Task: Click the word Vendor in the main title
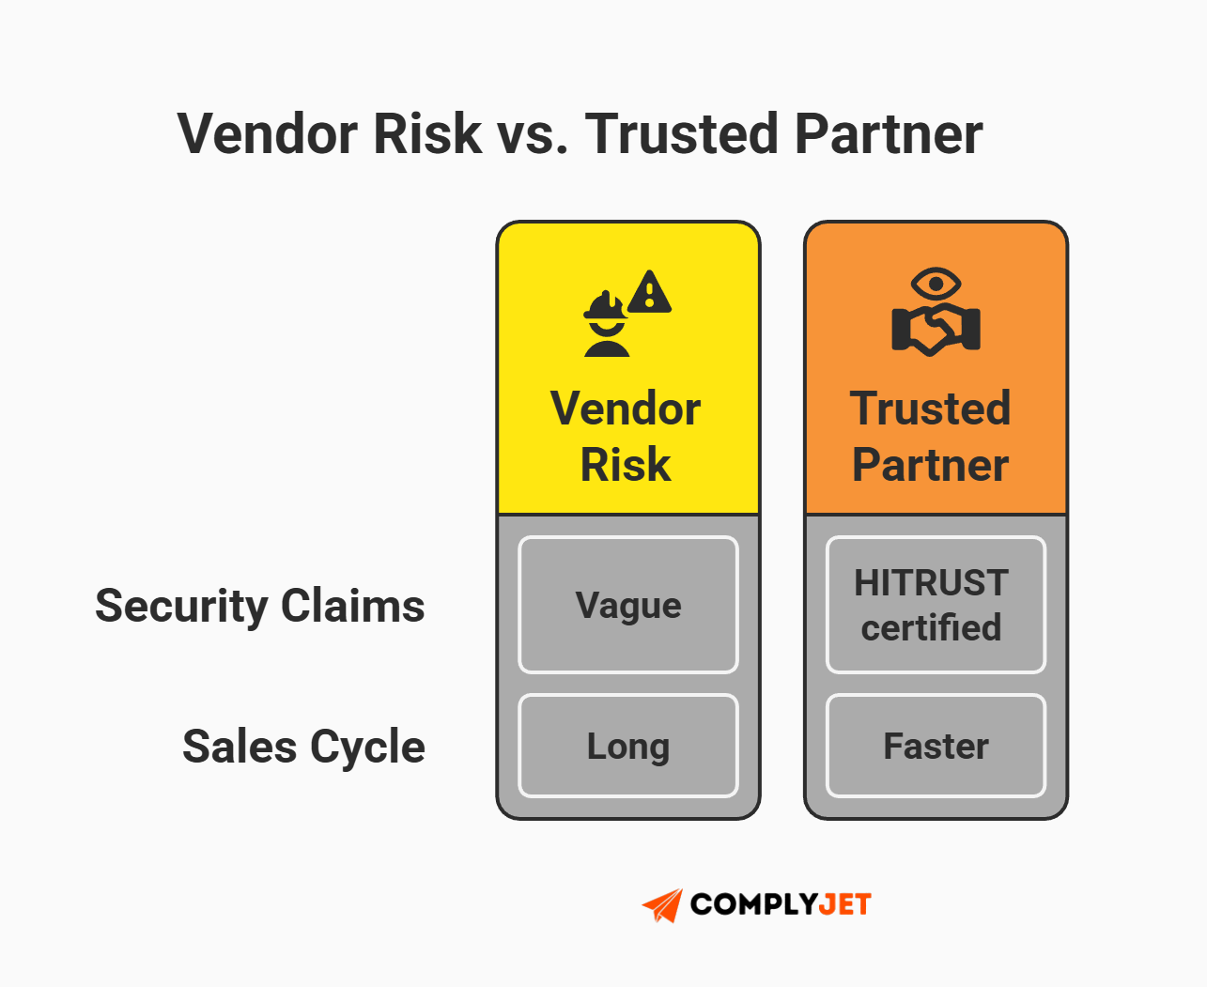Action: coord(268,133)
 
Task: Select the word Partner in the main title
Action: coord(888,133)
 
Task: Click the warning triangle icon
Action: coord(649,292)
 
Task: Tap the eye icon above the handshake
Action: coord(936,283)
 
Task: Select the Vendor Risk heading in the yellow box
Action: coord(627,436)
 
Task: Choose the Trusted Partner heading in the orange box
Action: coord(931,436)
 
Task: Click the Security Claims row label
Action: coord(260,606)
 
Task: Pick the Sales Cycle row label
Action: coord(303,747)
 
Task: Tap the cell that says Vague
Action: coord(628,605)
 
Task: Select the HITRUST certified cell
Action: coord(936,605)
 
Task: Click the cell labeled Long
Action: coord(628,746)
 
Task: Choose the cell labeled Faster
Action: coord(936,746)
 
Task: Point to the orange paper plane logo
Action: coord(663,905)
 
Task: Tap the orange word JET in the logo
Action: coord(845,904)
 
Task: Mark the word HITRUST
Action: coord(931,583)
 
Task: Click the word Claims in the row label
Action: coord(352,606)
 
